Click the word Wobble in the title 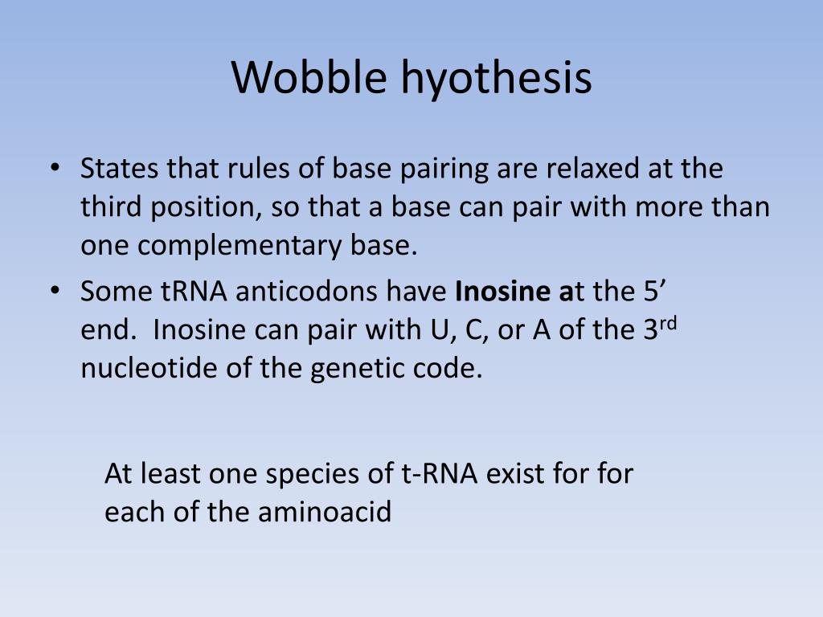[309, 77]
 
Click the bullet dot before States [55, 168]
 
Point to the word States [119, 168]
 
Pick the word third [111, 206]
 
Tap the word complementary [240, 246]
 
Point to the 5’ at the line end [655, 291]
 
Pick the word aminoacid [325, 512]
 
